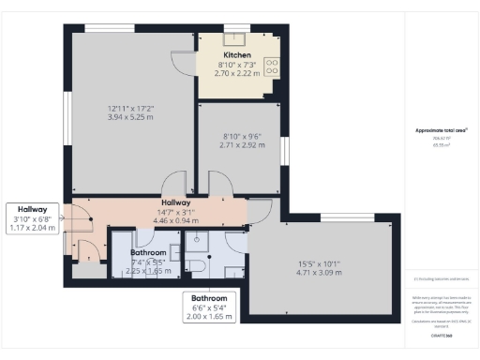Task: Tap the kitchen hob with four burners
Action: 272,67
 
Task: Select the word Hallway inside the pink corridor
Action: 175,202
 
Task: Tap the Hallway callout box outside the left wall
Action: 33,217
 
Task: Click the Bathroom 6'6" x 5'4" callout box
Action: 209,307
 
